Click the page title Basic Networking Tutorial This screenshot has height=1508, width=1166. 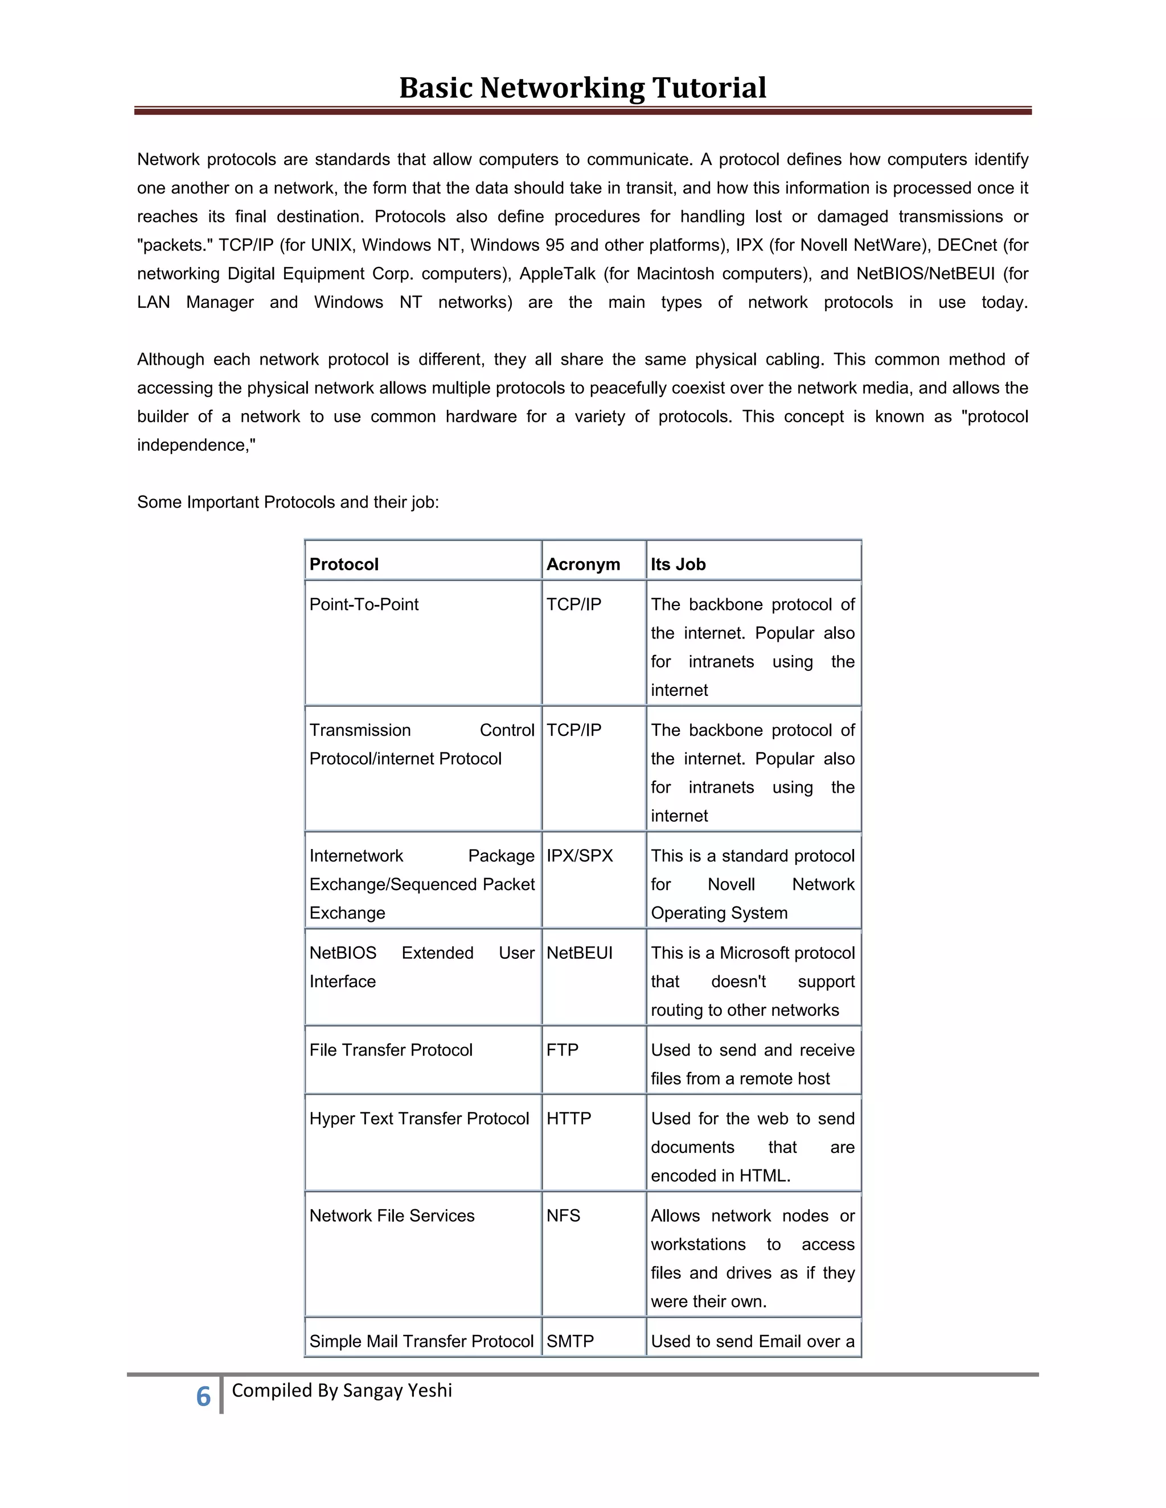582,88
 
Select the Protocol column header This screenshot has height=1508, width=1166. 344,564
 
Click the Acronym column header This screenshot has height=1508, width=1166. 583,564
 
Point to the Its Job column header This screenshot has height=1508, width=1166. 678,564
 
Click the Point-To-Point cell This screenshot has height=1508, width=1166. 364,604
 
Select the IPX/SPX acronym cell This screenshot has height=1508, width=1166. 580,855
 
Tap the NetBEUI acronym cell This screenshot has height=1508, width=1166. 580,953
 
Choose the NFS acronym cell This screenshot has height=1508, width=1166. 563,1216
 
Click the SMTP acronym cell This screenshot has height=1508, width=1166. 570,1341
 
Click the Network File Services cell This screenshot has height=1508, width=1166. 392,1216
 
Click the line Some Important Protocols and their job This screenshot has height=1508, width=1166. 288,502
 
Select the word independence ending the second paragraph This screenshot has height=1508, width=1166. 194,444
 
